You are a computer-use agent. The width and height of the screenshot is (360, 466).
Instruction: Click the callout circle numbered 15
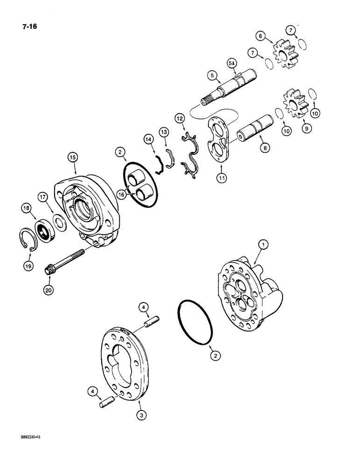[73, 158]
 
